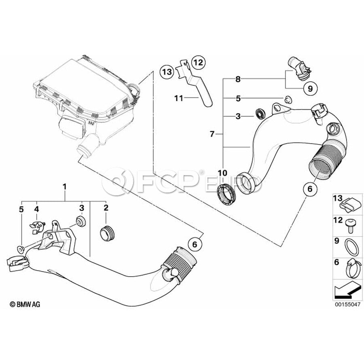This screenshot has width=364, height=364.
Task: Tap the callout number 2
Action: [x=106, y=208]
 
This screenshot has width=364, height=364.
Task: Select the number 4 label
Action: [x=36, y=209]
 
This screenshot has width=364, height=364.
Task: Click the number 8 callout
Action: [x=238, y=80]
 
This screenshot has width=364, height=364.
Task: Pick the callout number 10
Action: [x=223, y=173]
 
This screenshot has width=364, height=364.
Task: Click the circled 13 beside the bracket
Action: [x=167, y=72]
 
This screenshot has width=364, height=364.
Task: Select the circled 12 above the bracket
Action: [x=198, y=62]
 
